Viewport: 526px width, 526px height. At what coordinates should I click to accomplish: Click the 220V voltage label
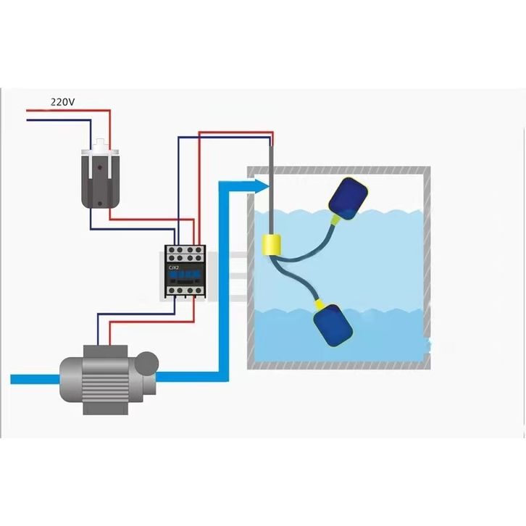click(x=62, y=102)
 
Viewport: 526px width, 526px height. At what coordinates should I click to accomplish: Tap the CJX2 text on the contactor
click(x=174, y=268)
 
